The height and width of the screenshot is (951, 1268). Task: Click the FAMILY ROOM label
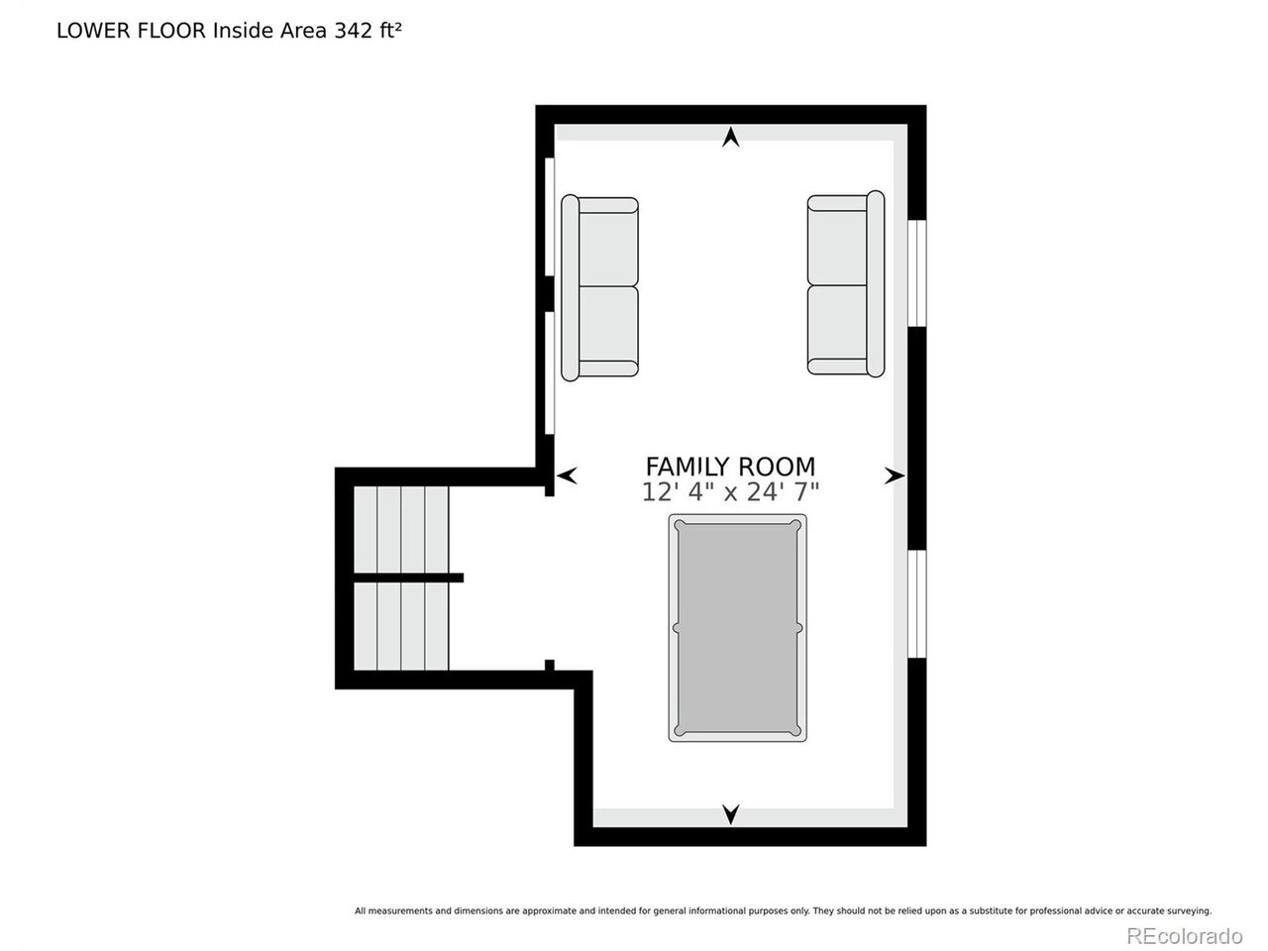point(730,466)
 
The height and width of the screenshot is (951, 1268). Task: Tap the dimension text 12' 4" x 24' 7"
point(730,492)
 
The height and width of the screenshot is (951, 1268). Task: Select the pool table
point(738,628)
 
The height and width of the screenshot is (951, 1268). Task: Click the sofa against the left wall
point(599,287)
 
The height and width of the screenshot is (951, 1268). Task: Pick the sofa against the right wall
point(846,284)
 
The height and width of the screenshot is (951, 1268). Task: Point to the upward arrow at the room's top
point(731,137)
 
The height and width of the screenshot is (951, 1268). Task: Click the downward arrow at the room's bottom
point(731,814)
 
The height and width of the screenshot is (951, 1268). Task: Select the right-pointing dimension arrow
point(895,475)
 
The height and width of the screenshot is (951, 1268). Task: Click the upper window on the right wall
point(916,273)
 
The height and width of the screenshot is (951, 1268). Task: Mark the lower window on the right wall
point(916,604)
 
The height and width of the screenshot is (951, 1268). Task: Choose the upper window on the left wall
point(550,217)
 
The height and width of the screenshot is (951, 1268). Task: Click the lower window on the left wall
point(550,373)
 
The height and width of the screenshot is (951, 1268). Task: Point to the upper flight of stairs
point(401,529)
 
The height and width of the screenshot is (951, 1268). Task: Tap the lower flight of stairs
point(401,626)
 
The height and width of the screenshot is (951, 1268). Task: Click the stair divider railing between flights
point(408,578)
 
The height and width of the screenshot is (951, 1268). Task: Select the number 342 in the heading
point(354,31)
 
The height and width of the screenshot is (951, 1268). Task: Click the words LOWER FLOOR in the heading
point(131,31)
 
